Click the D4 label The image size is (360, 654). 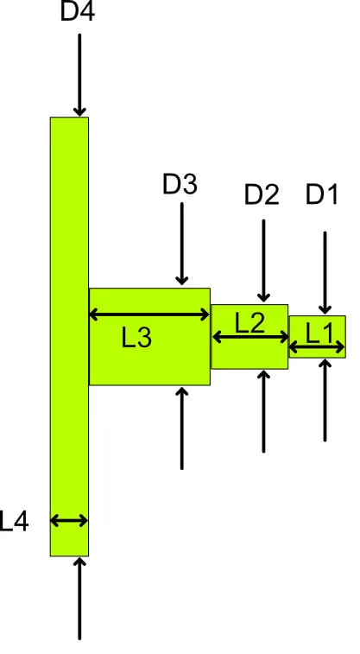pos(78,11)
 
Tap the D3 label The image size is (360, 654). pos(180,184)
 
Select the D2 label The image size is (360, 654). pos(262,194)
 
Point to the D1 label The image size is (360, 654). pos(322,194)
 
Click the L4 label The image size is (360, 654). pos(14,521)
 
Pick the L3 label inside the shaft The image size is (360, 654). pos(136,338)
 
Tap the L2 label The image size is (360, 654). pos(249,323)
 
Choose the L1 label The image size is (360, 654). pos(320,333)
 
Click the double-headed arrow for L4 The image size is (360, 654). pos(69,521)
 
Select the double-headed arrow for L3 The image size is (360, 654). pos(149,314)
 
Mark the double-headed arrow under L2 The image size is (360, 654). pos(250,337)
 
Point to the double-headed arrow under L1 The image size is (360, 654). pos(317,347)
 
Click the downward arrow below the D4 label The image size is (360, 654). pos(79,75)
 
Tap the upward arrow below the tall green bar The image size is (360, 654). pos(79,599)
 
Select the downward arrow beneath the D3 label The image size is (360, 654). pos(181,244)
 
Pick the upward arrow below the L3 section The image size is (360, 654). pos(181,429)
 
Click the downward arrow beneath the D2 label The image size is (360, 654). pos(263,261)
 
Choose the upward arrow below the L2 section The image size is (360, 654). pos(263,412)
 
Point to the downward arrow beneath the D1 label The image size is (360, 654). pos(325,273)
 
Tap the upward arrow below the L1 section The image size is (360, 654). pos(325,400)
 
